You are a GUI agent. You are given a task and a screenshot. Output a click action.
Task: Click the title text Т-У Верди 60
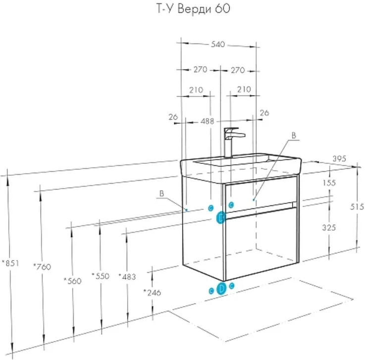193,9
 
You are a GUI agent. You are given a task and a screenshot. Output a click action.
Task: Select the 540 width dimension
218,44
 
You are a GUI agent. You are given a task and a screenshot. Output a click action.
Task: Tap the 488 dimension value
207,121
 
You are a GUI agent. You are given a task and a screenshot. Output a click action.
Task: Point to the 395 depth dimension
339,159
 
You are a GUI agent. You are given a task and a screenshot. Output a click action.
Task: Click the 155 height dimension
329,183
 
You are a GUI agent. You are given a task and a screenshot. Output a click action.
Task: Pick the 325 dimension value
329,227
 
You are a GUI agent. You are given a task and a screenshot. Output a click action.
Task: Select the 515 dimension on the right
357,206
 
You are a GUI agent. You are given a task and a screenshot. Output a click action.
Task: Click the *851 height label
10,263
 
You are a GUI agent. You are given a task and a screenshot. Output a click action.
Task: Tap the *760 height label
42,267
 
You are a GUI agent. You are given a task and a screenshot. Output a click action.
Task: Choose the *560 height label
73,281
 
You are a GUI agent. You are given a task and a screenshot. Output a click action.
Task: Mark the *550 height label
101,276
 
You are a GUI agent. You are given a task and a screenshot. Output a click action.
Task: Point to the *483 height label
127,276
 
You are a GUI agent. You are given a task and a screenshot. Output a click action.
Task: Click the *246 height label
152,292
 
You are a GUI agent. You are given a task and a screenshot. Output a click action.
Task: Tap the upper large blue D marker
221,217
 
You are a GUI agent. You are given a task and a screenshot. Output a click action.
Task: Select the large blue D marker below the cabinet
221,289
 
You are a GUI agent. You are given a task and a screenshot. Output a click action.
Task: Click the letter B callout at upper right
294,135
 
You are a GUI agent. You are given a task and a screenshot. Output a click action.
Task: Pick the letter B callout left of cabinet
161,194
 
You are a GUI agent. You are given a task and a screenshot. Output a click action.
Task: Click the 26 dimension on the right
264,113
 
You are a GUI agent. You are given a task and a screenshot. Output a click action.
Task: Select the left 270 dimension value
200,69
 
